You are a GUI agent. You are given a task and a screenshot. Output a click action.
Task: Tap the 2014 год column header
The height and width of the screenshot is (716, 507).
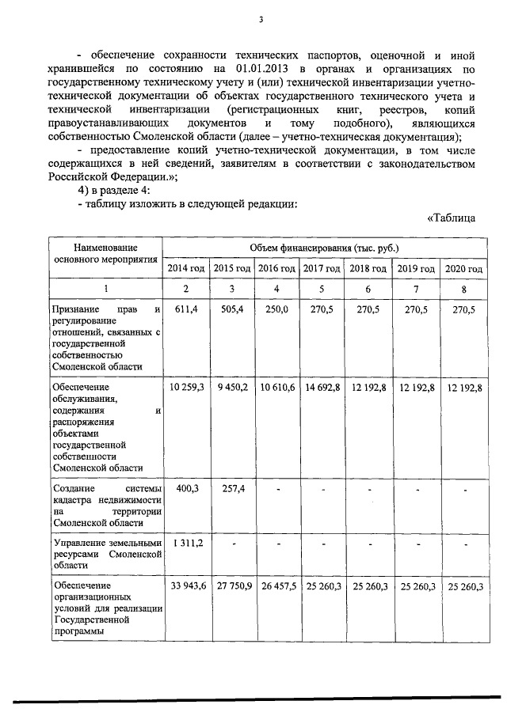click(x=186, y=269)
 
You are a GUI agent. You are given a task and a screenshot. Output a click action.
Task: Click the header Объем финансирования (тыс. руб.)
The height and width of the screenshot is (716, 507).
click(x=325, y=248)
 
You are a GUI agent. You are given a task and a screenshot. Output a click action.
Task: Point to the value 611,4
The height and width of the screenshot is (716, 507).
click(x=186, y=310)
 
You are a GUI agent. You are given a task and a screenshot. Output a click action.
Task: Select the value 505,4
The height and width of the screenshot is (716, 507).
click(x=232, y=310)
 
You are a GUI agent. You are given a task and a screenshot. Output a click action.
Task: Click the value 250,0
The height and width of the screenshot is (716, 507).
click(x=276, y=310)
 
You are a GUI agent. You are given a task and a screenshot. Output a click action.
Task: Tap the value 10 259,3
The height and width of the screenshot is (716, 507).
click(x=186, y=387)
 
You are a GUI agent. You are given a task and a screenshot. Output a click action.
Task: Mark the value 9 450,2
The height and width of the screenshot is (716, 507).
click(x=232, y=387)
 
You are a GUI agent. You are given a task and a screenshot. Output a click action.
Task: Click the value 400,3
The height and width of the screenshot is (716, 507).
click(x=186, y=490)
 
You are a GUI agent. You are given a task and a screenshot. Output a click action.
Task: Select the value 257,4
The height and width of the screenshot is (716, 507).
click(x=232, y=490)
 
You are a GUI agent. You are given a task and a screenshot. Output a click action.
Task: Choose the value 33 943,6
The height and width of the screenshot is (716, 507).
click(x=186, y=585)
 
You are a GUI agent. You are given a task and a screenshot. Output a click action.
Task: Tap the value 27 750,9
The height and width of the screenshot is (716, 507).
click(x=232, y=585)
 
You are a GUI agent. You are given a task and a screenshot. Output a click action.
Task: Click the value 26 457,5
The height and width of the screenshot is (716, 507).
click(x=276, y=585)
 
